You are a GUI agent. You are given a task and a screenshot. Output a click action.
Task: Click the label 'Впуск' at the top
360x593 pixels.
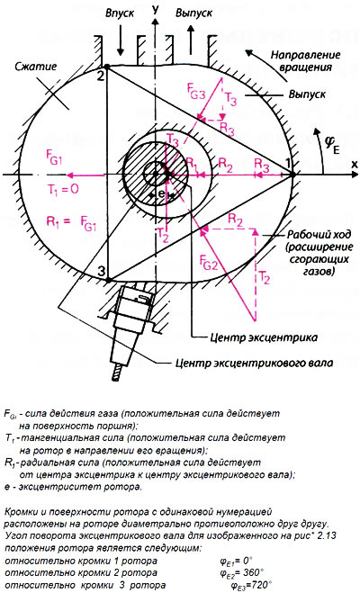tap(120, 13)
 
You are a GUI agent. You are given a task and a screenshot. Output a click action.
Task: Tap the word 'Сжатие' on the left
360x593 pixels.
tap(35, 67)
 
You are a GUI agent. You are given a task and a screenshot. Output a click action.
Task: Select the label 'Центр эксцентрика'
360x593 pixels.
tap(264, 337)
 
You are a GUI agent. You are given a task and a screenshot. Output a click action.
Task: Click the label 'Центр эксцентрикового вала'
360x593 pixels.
tap(255, 363)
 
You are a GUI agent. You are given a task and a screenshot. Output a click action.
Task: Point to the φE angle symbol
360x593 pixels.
tap(332, 146)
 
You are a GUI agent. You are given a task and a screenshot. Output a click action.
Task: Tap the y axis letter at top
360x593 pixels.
tap(154, 9)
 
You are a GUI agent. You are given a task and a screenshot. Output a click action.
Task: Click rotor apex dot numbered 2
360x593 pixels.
tap(107, 67)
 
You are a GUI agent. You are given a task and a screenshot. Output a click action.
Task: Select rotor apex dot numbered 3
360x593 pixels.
tap(108, 280)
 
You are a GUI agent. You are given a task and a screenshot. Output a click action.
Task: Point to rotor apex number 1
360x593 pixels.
tap(288, 164)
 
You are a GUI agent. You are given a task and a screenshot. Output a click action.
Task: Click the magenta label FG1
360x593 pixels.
tap(53, 159)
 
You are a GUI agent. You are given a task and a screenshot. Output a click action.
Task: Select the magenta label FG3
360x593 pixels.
tap(196, 91)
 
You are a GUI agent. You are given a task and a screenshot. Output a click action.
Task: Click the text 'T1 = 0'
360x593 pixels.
tap(61, 188)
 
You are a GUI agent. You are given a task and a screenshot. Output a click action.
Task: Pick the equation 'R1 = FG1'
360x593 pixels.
tap(71, 222)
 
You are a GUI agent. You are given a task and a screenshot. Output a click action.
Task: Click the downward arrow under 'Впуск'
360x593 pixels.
tap(121, 40)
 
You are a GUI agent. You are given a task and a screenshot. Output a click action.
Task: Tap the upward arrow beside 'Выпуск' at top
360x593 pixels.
tap(190, 40)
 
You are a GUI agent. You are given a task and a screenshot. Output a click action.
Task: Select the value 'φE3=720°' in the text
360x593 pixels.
tap(250, 585)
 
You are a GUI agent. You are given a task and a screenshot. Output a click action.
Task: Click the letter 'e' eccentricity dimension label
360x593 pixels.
tap(161, 193)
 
